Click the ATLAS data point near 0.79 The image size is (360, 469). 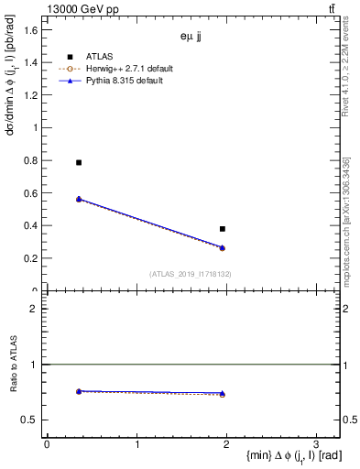coord(79,162)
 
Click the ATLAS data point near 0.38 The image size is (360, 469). coord(223,228)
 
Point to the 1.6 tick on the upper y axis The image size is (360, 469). coord(30,30)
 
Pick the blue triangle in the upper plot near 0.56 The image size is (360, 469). coord(79,199)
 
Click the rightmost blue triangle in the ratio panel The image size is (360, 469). coord(223,394)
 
